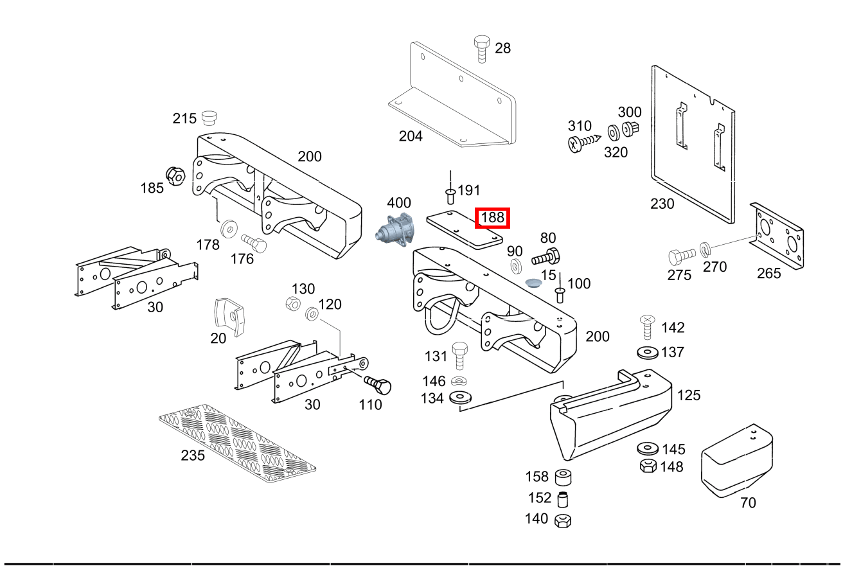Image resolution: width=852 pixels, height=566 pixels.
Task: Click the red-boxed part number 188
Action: pos(492,218)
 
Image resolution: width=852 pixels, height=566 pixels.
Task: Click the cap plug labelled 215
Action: pos(209,118)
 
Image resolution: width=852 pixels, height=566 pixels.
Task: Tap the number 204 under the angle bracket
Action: pos(411,136)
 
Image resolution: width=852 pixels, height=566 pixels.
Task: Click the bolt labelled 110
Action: pos(378,385)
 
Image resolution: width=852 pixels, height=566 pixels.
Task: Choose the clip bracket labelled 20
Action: pos(230,315)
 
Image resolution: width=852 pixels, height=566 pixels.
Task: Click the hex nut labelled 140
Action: pos(564,520)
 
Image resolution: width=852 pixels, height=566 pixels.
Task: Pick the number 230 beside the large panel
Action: pos(662,204)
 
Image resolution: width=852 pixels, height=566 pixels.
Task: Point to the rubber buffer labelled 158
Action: pos(564,477)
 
